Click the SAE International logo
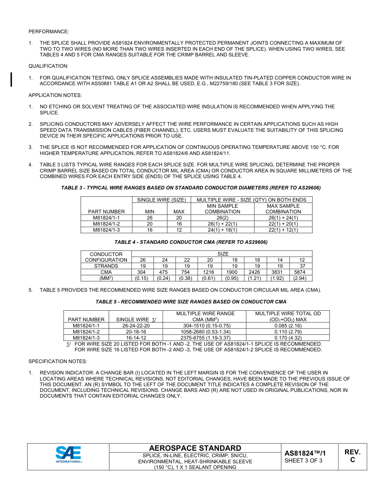(x=68, y=454)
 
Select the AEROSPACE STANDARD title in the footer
(x=195, y=448)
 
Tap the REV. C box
(x=352, y=456)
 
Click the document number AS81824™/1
(x=305, y=453)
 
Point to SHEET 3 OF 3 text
(x=303, y=460)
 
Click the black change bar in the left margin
(x=11, y=80)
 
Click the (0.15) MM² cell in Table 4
(x=141, y=278)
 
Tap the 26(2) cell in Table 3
(x=222, y=218)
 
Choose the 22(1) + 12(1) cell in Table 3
(x=283, y=230)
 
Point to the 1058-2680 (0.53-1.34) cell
(x=205, y=331)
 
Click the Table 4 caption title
(x=191, y=242)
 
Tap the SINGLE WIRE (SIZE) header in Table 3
(x=161, y=200)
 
